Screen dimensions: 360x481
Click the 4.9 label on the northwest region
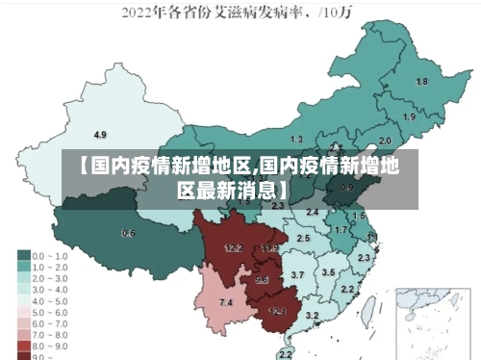[100, 134]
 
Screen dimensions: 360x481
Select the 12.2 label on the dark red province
[233, 248]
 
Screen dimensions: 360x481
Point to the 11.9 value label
[269, 248]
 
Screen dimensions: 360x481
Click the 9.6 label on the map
[262, 280]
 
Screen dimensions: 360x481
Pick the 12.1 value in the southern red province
[277, 311]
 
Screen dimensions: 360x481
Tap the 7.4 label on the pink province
[226, 303]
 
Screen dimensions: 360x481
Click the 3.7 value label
[298, 275]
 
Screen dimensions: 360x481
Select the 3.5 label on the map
[328, 272]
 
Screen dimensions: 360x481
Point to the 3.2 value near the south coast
[312, 316]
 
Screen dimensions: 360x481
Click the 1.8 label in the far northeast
[421, 82]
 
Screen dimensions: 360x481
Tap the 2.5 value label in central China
[303, 238]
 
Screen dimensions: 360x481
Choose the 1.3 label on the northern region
[296, 140]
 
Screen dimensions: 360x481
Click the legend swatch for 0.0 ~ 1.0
[23, 256]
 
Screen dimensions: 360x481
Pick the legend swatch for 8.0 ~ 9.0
[23, 344]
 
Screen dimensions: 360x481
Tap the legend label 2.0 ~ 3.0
[51, 277]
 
